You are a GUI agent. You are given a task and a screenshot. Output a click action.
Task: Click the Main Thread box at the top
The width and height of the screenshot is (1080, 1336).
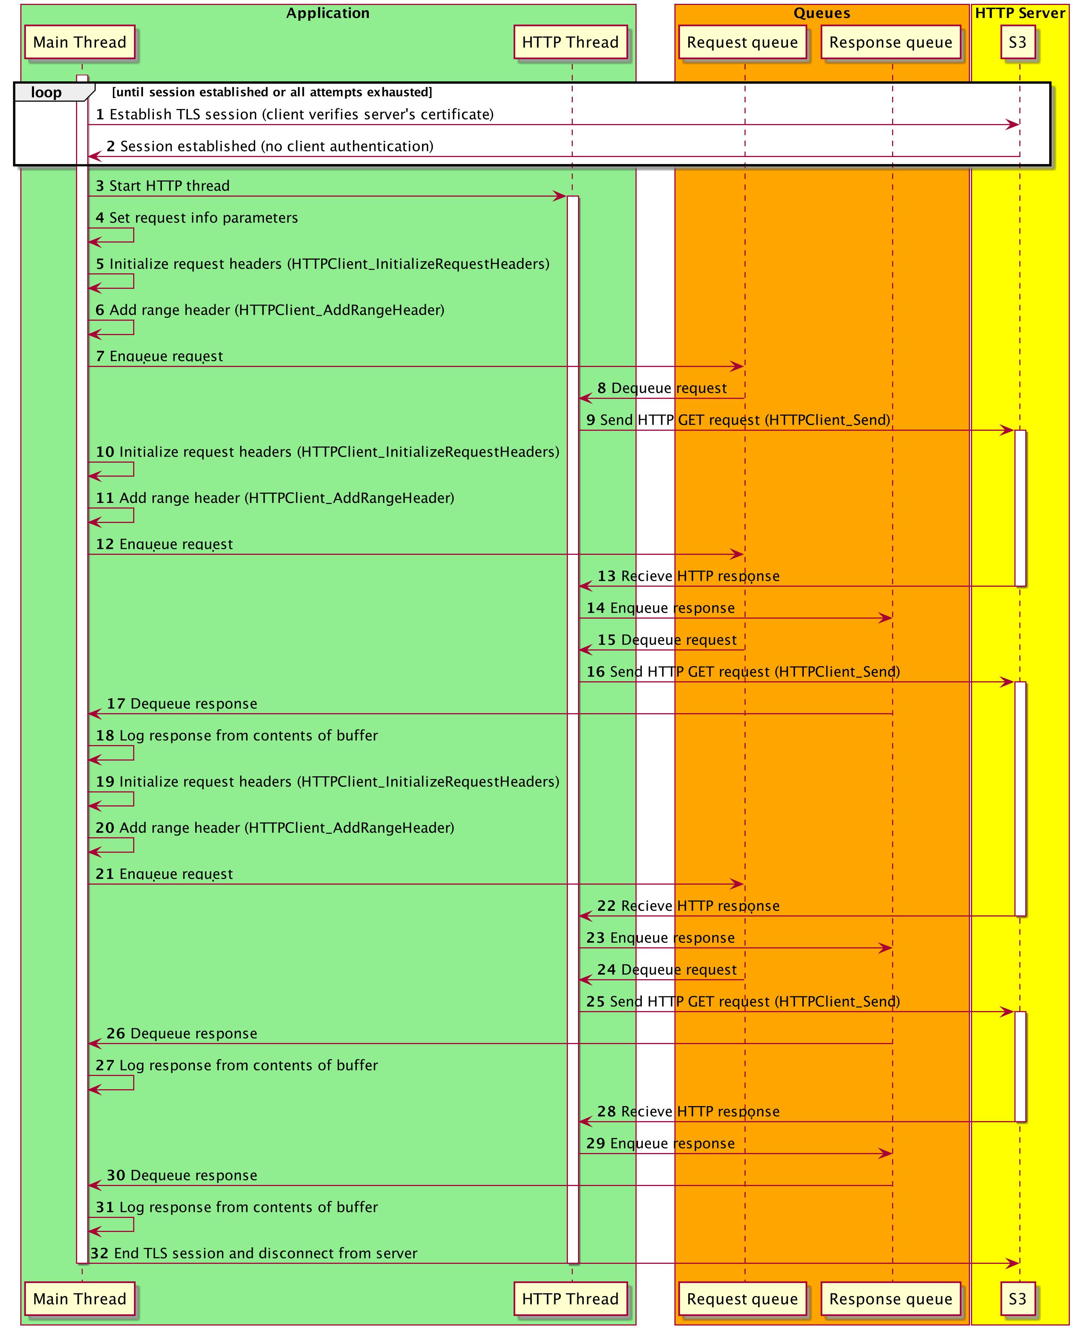(80, 42)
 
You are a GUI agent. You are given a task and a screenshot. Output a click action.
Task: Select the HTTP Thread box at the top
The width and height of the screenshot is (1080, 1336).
(570, 42)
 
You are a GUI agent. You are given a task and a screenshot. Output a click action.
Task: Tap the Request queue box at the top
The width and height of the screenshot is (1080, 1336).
(742, 42)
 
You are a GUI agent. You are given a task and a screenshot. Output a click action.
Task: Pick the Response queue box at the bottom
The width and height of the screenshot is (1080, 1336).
(891, 1299)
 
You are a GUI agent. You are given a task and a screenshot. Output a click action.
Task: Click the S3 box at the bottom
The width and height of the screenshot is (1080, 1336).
(1018, 1299)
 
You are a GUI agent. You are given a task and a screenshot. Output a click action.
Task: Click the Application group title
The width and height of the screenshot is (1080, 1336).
(328, 13)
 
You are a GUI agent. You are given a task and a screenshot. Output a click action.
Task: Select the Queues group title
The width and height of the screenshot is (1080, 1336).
(822, 13)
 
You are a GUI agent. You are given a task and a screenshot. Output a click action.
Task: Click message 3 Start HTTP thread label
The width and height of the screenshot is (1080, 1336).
(163, 186)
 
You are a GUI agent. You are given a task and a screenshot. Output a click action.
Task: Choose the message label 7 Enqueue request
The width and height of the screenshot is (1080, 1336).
(159, 356)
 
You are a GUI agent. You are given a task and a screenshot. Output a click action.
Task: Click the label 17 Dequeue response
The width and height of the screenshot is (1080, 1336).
(182, 703)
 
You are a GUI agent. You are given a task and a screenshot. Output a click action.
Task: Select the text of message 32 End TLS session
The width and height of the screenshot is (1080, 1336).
(254, 1253)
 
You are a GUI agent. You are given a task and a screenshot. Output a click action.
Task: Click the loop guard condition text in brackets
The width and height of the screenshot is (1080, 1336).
(272, 92)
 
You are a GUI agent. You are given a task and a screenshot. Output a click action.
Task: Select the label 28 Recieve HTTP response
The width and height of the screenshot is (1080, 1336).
(689, 1111)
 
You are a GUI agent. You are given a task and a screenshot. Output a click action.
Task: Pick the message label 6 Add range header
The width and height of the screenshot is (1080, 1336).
(270, 310)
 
